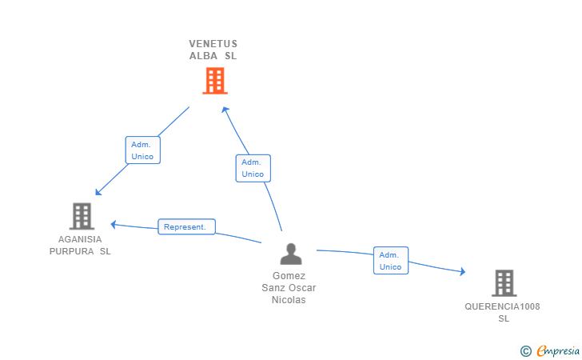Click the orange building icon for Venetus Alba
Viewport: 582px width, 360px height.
pos(214,81)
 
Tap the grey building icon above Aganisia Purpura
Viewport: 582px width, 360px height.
pos(82,216)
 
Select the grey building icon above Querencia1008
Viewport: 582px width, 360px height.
pos(504,283)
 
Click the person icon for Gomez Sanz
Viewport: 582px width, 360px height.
pos(291,254)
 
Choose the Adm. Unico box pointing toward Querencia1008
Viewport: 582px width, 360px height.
pos(391,261)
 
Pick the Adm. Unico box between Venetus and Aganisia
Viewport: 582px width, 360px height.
pos(143,150)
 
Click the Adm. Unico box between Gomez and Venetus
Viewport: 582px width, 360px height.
pos(253,168)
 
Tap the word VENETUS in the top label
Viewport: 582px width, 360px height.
pos(213,44)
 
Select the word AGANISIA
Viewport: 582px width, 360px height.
pos(80,239)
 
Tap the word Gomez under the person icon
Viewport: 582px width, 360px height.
pos(289,276)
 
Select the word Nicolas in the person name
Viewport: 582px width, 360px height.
pos(289,300)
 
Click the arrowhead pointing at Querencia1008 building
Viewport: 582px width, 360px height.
pos(462,272)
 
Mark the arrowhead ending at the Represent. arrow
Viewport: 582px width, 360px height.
pos(114,224)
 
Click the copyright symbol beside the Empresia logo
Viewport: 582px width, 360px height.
pos(525,350)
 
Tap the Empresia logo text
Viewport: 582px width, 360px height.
pos(558,350)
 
